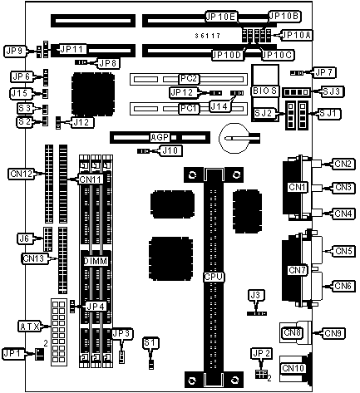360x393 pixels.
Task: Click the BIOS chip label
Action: coord(264,91)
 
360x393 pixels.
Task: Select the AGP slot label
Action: coord(160,137)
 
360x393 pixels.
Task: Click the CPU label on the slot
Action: coord(214,277)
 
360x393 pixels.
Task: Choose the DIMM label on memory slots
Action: coord(96,261)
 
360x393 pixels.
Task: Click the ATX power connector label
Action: coord(29,327)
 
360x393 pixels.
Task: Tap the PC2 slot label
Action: coord(189,79)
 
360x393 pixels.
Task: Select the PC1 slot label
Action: coord(189,108)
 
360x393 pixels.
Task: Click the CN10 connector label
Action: coord(293,368)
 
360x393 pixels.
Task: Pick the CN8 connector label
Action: coord(292,332)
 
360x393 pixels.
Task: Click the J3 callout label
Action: coord(255,295)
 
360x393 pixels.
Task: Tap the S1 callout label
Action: coord(150,343)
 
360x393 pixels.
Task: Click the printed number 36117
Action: coord(207,36)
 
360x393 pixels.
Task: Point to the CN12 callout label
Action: coord(22,174)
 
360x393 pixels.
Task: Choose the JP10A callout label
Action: coord(297,35)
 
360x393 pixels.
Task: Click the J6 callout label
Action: coord(24,238)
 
